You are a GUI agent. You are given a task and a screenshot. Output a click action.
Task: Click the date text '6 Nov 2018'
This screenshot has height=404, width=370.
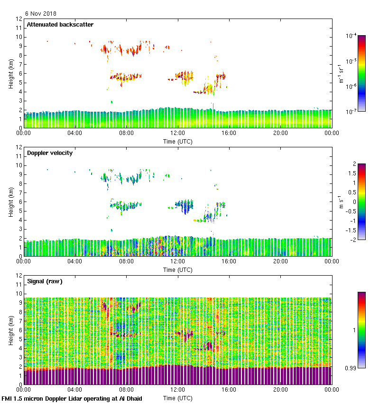point(41,13)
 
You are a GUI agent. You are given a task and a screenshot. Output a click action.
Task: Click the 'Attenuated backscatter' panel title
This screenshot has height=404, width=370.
point(60,25)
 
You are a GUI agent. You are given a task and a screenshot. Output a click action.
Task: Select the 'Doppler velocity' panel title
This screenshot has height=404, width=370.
point(50,153)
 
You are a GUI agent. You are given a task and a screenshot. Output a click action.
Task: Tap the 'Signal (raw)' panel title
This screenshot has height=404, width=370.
point(45,281)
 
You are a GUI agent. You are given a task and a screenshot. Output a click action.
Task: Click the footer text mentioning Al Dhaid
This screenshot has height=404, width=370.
point(72,398)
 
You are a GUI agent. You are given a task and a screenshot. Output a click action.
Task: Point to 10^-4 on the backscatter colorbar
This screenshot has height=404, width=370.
point(351,36)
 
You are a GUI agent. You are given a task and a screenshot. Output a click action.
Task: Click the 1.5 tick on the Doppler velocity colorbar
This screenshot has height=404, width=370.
point(351,173)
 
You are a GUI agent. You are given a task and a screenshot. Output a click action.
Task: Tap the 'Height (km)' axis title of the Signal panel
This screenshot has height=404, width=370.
point(11,330)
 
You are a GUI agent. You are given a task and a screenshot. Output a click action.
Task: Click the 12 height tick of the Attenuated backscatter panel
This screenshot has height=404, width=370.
point(18,19)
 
